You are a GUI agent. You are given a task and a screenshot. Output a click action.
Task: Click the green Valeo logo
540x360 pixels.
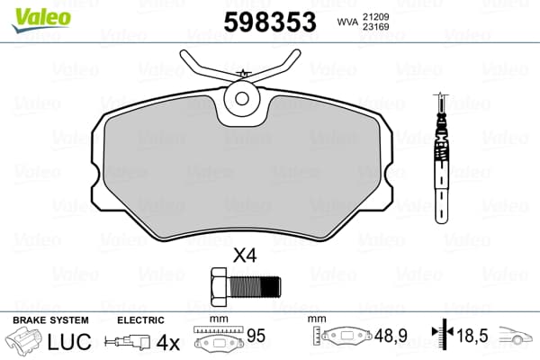(x=41, y=19)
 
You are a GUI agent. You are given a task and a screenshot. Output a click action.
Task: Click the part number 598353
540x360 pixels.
(x=270, y=22)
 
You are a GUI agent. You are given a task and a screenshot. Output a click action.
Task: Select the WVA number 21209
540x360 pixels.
(x=375, y=17)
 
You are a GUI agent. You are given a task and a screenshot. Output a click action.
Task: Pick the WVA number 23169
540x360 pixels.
(x=375, y=27)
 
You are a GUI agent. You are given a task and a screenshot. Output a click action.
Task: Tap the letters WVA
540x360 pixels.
(x=347, y=22)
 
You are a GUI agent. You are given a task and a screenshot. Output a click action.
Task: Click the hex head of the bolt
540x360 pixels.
(x=220, y=286)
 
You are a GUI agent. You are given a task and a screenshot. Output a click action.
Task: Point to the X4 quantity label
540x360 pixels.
(x=245, y=256)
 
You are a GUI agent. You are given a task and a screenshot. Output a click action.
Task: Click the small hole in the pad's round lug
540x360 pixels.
(x=242, y=98)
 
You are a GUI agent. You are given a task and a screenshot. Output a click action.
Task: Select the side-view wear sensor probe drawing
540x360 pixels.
(x=441, y=157)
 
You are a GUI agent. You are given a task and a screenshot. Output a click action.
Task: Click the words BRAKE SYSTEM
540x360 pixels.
(x=50, y=320)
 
